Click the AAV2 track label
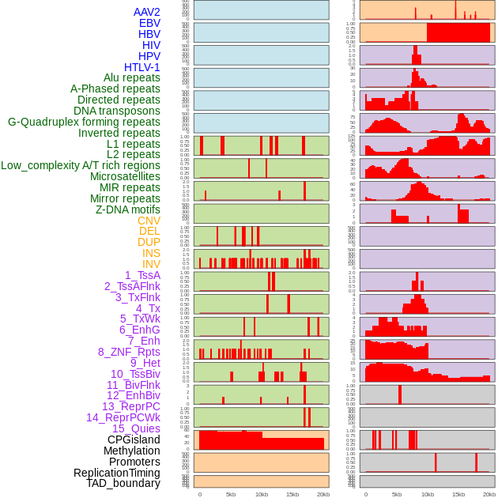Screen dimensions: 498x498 click(147, 12)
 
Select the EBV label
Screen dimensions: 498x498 click(149, 23)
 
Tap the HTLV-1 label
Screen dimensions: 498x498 click(142, 67)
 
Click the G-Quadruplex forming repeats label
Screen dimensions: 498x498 click(84, 122)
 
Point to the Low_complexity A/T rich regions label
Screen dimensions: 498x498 click(81, 165)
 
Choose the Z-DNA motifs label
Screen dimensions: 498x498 click(128, 209)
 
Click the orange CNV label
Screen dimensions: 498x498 click(149, 221)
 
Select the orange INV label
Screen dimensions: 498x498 click(151, 264)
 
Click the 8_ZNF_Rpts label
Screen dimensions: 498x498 click(129, 352)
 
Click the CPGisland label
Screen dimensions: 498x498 click(134, 440)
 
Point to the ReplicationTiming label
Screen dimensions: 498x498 click(117, 473)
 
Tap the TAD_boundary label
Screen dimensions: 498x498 click(123, 483)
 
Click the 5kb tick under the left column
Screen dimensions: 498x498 click(231, 494)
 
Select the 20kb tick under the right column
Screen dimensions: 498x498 click(489, 494)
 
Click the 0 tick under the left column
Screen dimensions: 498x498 click(200, 494)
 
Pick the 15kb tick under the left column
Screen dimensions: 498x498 click(292, 494)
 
